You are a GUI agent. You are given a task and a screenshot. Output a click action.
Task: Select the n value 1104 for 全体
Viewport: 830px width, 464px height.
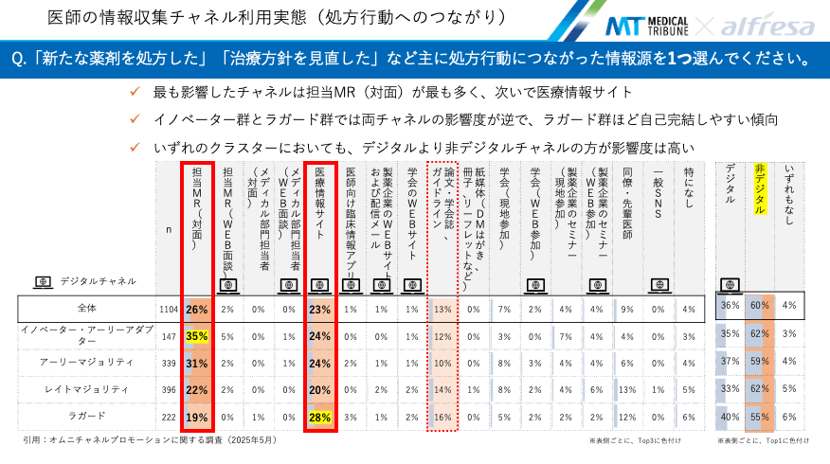(171, 309)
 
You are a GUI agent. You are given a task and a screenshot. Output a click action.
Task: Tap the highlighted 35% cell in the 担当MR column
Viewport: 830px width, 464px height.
(197, 335)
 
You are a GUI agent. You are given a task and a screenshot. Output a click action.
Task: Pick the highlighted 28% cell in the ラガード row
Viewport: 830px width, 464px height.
(319, 417)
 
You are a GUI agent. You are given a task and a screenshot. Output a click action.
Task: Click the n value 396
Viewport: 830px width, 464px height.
(171, 389)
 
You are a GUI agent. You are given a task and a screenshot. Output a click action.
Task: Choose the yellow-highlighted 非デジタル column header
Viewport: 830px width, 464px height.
(760, 189)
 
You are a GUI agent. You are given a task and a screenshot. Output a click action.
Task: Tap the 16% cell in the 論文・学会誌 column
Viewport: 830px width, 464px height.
(442, 417)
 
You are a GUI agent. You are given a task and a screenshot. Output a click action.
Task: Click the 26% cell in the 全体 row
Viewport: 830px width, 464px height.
(197, 309)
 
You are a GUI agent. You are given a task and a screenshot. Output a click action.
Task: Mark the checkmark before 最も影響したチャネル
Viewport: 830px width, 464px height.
(138, 92)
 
